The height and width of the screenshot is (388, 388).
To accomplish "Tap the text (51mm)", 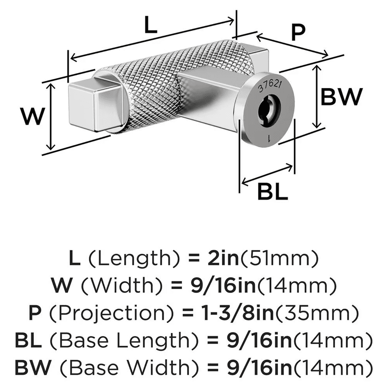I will click(x=279, y=258).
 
